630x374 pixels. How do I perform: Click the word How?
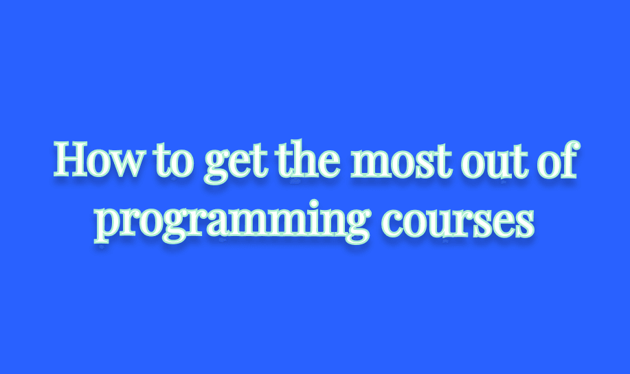click(98, 159)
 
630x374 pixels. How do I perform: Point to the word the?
click(309, 159)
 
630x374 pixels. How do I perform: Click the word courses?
click(458, 222)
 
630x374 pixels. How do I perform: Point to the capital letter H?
click(71, 159)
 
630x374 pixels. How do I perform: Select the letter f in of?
click(570, 159)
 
